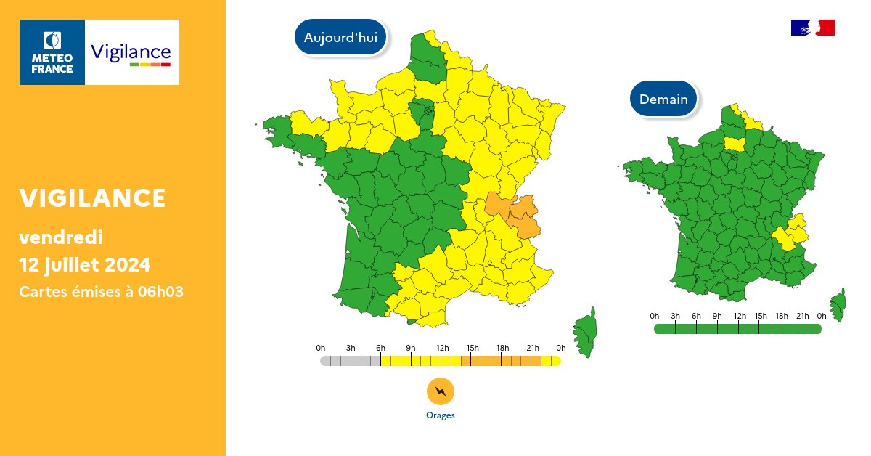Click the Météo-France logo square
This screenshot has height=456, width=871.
52,52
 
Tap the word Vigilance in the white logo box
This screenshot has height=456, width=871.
131,52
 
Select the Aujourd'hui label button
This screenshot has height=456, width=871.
340,38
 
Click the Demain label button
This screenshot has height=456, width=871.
663,99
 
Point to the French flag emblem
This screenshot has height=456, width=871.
812,28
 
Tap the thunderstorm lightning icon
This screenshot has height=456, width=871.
440,392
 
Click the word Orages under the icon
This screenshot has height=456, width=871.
440,415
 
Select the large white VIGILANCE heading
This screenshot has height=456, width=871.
92,198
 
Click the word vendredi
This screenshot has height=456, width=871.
61,237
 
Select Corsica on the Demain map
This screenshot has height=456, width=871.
838,306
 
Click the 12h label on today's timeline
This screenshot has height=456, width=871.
442,348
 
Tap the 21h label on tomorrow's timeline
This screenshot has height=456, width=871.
801,316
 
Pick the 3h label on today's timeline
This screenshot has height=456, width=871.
351,348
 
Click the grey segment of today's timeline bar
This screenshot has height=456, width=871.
351,361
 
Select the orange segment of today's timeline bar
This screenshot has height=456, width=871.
501,361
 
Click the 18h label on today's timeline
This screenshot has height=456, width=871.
502,348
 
